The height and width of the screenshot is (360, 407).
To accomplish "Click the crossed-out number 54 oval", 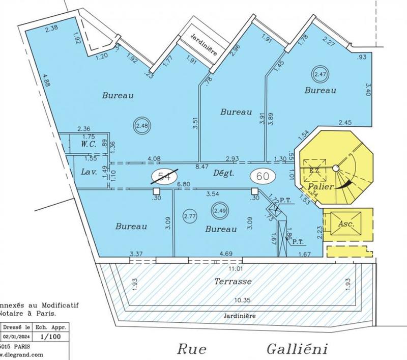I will click(163, 176).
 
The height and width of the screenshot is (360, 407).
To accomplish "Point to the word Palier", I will click(321, 187).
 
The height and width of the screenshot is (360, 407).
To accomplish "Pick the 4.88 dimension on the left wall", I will click(46, 82).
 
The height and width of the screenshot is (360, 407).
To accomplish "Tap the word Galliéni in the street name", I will click(296, 349).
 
